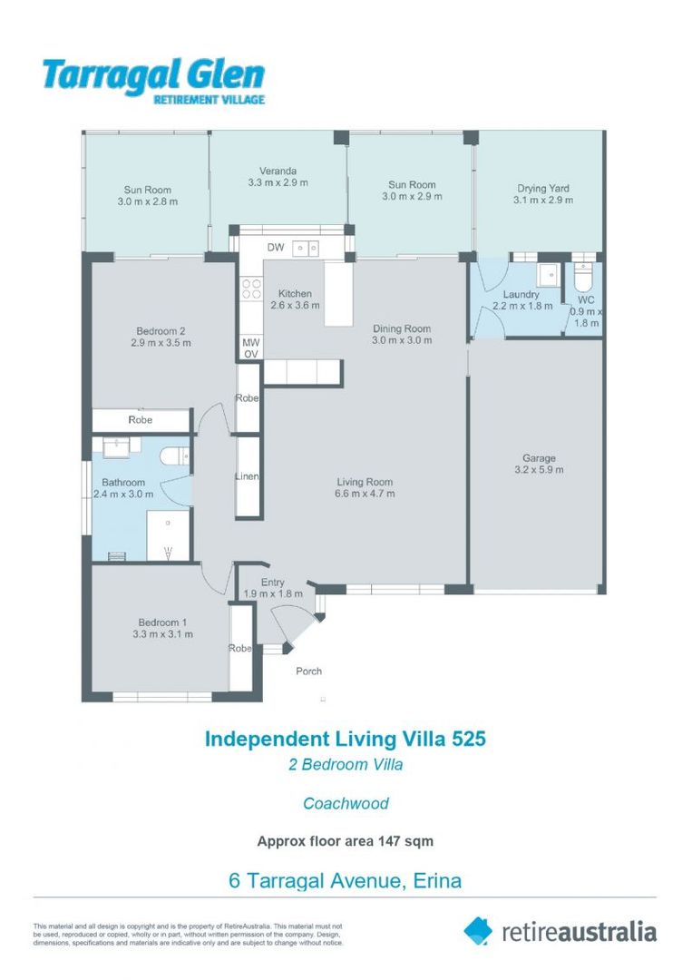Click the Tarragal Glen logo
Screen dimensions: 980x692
click(x=153, y=80)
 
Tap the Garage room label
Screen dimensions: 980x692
click(x=538, y=458)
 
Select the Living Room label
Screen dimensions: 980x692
click(x=365, y=482)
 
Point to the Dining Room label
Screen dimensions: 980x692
click(x=402, y=328)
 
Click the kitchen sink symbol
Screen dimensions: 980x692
click(x=304, y=247)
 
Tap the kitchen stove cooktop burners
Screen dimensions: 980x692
click(x=251, y=289)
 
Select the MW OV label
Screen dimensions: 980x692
click(x=250, y=348)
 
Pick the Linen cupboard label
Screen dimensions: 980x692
click(x=248, y=476)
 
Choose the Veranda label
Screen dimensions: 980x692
click(x=278, y=171)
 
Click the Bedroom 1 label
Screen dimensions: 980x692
click(x=162, y=622)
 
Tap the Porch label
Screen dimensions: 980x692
click(x=309, y=671)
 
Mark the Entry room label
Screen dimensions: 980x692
click(x=272, y=583)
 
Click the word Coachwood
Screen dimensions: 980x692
click(x=346, y=803)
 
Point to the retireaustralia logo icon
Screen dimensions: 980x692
click(x=479, y=930)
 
